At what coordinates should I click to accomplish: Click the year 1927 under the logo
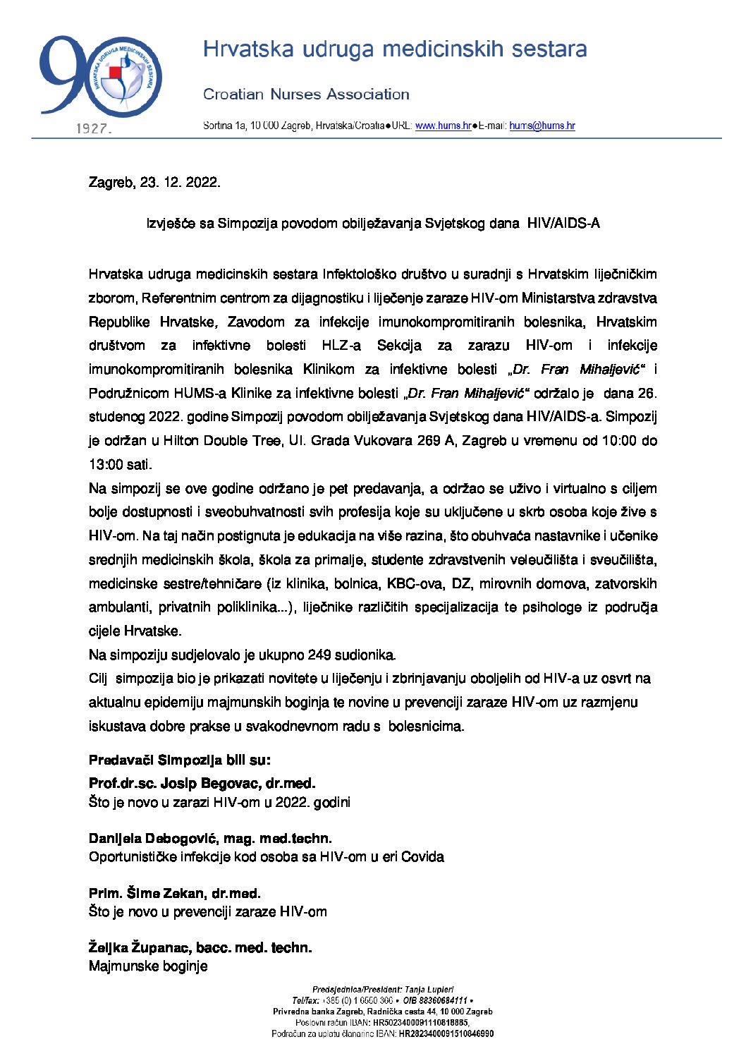pos(93,129)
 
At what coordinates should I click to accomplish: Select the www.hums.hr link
pos(443,126)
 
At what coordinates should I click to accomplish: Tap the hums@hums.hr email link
pos(542,126)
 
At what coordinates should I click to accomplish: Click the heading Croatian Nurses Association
pos(306,95)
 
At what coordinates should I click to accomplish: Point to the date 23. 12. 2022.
pos(180,183)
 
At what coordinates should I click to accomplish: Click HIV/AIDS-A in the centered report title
pos(563,224)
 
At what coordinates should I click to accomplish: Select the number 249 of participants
pos(319,655)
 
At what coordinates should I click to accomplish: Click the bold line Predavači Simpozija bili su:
pos(179,760)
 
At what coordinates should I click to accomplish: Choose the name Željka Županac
pos(140,948)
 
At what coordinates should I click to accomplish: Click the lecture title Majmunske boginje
pos(148,966)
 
